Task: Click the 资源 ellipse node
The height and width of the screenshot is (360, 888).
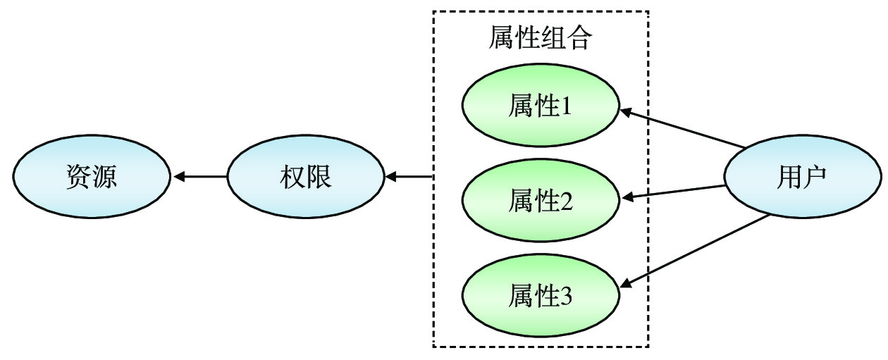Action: (92, 176)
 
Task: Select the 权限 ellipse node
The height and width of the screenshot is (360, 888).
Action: (306, 176)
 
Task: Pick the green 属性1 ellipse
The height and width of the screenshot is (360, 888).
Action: (541, 107)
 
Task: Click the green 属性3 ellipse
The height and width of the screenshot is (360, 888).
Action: (541, 296)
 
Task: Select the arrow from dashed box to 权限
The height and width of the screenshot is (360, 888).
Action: (409, 176)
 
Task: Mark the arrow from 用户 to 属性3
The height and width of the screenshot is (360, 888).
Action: (695, 251)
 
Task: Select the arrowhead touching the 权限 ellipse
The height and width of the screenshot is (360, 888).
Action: (392, 176)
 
